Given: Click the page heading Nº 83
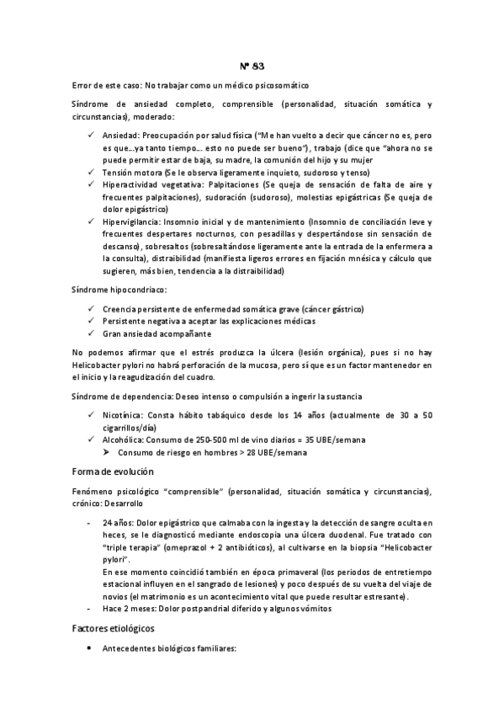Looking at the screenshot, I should click(252, 66).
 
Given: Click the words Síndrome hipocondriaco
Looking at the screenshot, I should click(119, 290).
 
